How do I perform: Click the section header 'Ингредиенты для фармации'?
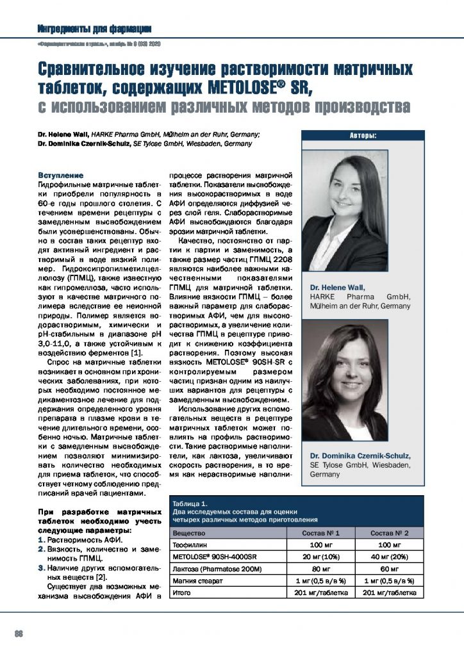94,29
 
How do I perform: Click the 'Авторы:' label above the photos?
363,135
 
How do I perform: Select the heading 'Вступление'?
60,175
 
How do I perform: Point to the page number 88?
19,634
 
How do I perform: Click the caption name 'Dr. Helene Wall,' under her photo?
337,288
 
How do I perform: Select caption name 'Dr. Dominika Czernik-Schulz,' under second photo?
360,455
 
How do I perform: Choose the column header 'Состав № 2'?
389,533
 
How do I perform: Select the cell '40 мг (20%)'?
389,557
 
